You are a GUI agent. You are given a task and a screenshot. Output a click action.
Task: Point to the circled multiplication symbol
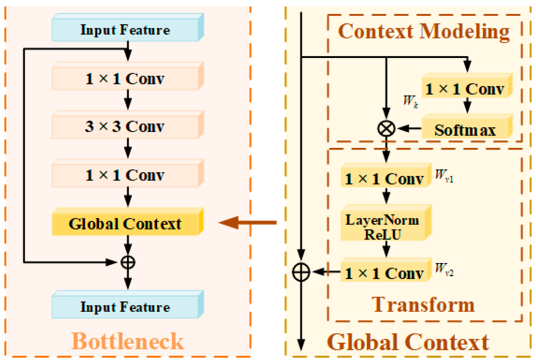386,129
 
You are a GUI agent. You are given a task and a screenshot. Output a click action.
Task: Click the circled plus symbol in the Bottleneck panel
128,262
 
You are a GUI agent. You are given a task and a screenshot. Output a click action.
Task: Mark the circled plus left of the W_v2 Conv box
301,272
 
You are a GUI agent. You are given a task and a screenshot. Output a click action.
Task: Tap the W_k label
410,101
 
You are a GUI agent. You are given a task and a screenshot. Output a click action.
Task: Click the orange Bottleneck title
127,341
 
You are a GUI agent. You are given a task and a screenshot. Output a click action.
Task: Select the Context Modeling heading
424,31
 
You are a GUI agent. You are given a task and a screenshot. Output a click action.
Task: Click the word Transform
423,305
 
